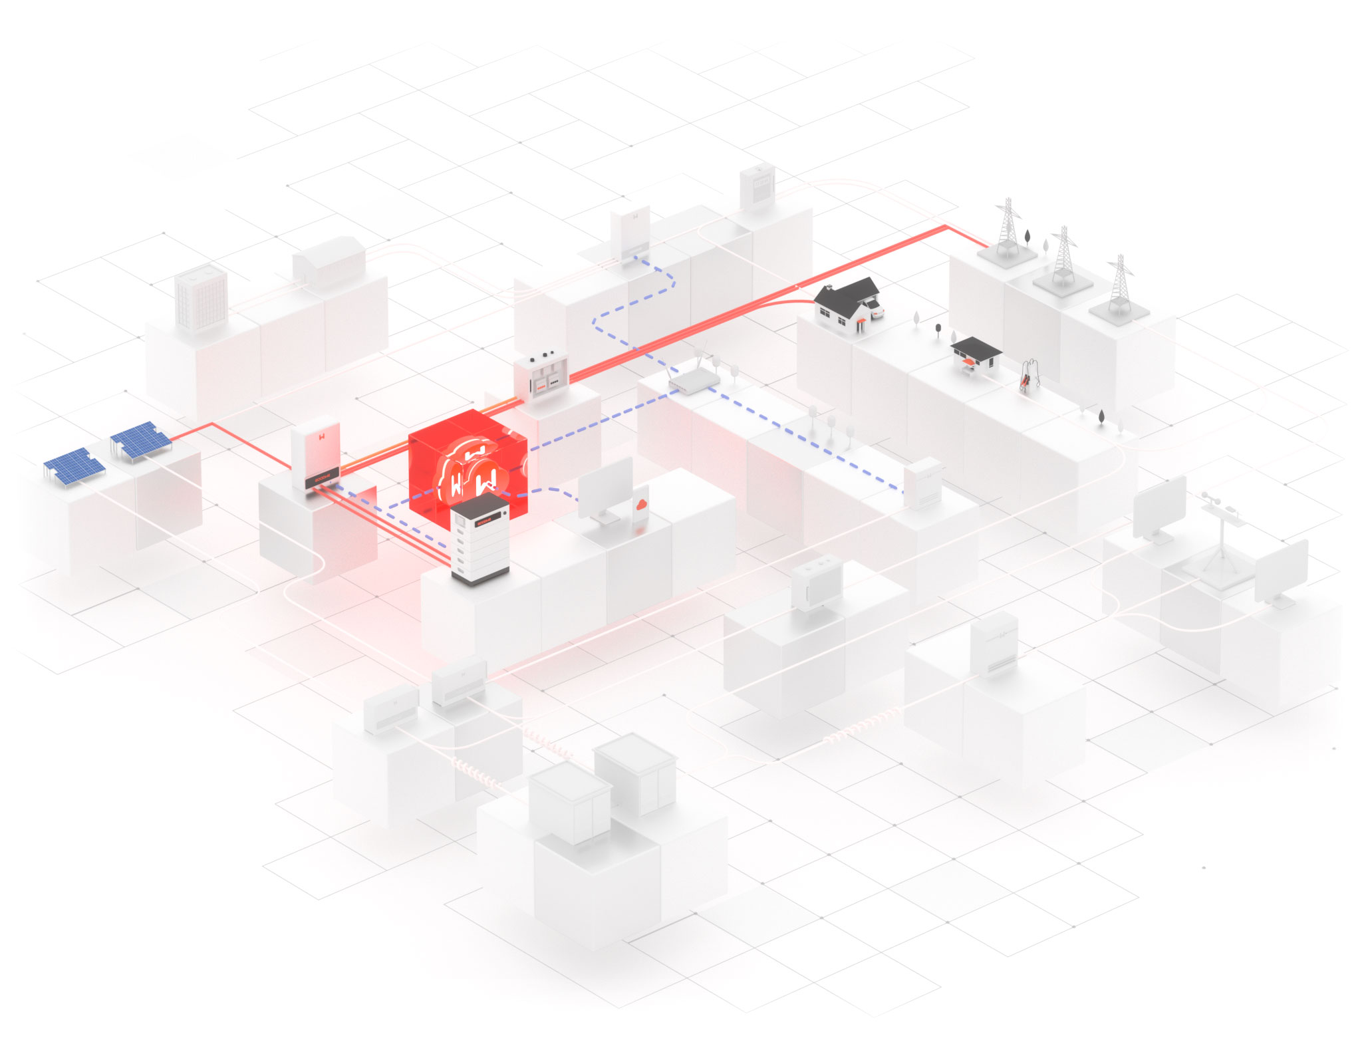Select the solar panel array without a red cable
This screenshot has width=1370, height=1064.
[x=73, y=465]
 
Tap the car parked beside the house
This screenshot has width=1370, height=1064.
[x=875, y=309]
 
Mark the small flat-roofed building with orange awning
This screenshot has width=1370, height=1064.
[x=975, y=356]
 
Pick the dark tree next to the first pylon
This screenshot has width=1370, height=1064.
[x=1028, y=236]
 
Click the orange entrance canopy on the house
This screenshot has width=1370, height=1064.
[x=863, y=321]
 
